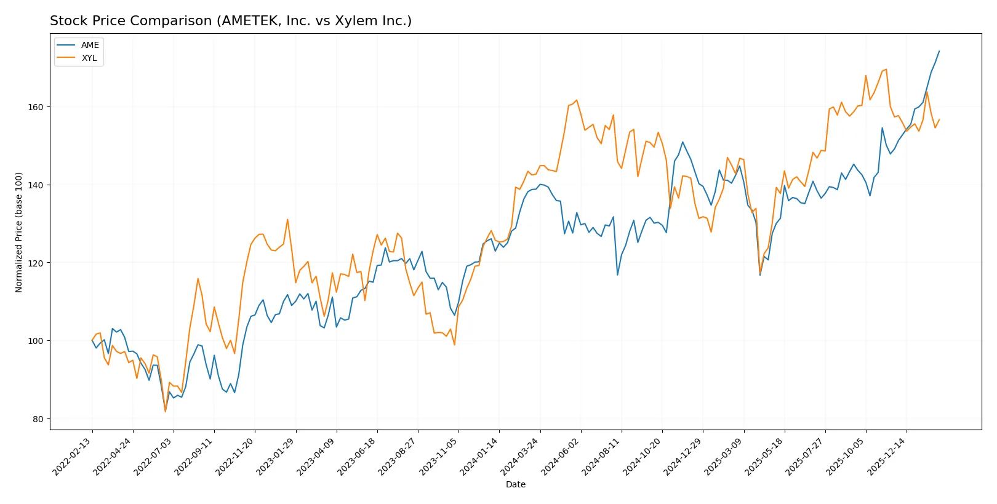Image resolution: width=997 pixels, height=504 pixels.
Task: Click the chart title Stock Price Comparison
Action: coord(230,21)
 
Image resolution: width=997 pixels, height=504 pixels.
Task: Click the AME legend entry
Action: coord(89,45)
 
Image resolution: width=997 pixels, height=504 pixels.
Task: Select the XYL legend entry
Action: coord(89,58)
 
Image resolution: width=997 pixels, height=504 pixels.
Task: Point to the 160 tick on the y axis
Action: coord(36,107)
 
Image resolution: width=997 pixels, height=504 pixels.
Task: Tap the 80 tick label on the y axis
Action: coord(38,419)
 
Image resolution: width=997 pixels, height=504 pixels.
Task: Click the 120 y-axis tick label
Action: coord(36,263)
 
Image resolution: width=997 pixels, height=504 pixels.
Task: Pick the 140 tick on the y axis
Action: coord(36,185)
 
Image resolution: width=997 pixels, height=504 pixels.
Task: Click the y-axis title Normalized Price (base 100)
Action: coord(19,232)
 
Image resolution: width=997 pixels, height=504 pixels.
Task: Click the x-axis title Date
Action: coord(515,484)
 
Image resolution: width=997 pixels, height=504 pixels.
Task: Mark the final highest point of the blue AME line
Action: coord(939,51)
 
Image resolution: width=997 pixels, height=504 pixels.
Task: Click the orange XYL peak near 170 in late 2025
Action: coord(886,69)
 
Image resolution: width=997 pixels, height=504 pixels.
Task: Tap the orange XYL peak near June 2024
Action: coord(577,100)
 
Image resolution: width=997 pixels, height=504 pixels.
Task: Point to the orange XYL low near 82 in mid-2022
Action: coord(166,412)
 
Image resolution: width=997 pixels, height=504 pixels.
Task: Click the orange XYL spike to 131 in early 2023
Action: coord(287,220)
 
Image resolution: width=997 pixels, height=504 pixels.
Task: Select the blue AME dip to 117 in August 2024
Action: coord(617,274)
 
